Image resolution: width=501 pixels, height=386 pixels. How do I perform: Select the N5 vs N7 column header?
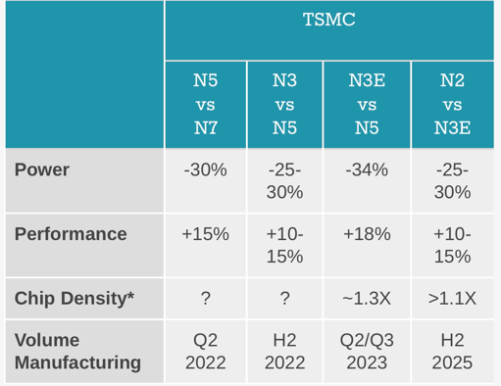click(206, 104)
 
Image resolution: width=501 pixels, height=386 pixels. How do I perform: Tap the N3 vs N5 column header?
click(284, 104)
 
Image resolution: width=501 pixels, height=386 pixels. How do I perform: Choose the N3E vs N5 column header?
click(367, 104)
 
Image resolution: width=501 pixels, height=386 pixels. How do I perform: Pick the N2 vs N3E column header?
click(452, 104)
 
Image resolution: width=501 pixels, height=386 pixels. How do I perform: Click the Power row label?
click(42, 169)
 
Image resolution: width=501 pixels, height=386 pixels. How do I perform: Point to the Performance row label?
click(71, 234)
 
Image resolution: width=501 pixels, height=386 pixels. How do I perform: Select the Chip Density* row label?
click(75, 299)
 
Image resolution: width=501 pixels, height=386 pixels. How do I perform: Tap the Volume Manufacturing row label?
click(77, 352)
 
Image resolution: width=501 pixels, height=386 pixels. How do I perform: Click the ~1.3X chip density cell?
click(367, 299)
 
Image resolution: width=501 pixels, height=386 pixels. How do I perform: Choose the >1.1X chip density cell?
click(452, 299)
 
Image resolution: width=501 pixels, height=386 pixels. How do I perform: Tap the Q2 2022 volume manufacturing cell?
click(206, 352)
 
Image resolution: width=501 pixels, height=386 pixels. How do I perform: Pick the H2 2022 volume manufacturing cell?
click(284, 352)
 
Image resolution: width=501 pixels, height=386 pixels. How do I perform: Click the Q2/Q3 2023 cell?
click(367, 352)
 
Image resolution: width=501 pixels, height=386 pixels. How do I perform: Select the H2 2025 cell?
click(452, 352)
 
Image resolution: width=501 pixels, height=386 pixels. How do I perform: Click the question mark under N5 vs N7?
click(206, 299)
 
